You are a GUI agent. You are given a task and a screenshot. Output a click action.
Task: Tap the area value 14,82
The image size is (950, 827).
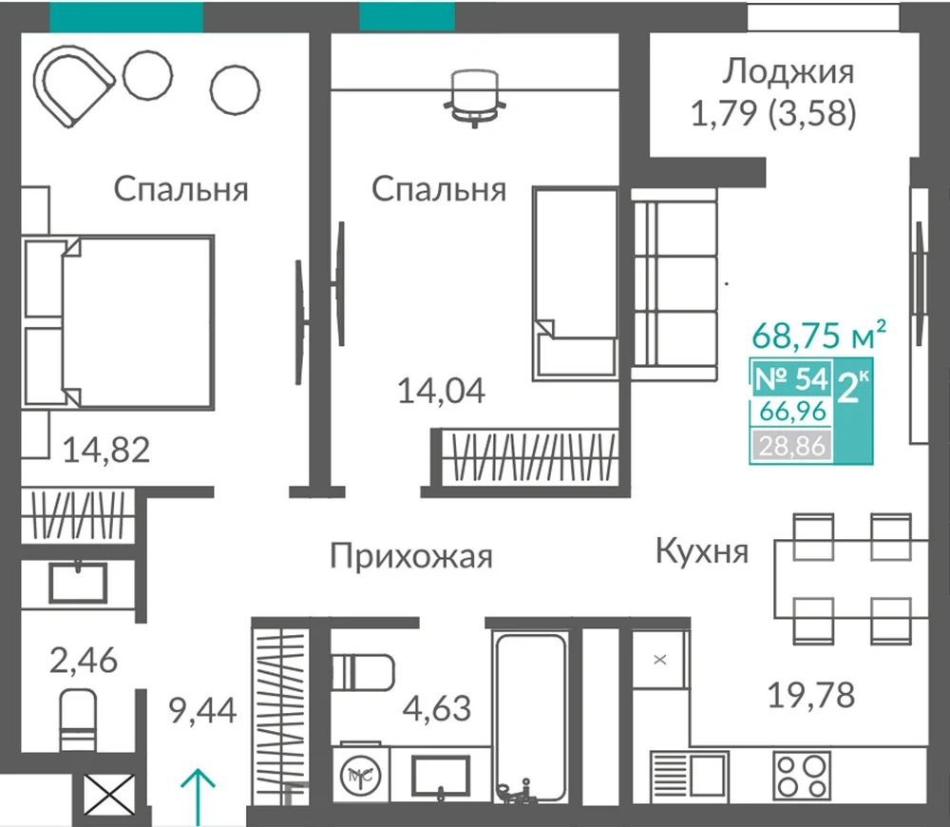pyautogui.click(x=106, y=450)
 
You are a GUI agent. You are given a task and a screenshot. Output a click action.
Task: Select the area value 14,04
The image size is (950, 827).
pyautogui.click(x=441, y=391)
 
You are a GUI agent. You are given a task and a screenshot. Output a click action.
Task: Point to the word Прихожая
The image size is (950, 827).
pyautogui.click(x=411, y=556)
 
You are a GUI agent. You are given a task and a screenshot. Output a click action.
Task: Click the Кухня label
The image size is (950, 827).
pyautogui.click(x=702, y=551)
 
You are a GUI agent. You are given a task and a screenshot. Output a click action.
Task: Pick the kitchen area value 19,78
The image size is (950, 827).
pyautogui.click(x=811, y=695)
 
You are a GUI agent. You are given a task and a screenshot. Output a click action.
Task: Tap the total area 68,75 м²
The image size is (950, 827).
pyautogui.click(x=819, y=335)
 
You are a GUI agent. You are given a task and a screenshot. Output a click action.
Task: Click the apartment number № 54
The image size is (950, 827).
pyautogui.click(x=791, y=379)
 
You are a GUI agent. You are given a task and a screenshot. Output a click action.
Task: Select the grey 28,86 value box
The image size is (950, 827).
pyautogui.click(x=792, y=446)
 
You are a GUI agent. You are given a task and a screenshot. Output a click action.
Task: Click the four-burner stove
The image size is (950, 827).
pyautogui.click(x=802, y=775)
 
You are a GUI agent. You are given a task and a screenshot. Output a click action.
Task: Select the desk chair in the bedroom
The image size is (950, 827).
pyautogui.click(x=475, y=97)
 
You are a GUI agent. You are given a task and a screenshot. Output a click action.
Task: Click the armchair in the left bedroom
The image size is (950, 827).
pyautogui.click(x=73, y=86)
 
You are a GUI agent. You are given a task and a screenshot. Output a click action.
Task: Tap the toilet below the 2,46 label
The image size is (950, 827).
pyautogui.click(x=78, y=721)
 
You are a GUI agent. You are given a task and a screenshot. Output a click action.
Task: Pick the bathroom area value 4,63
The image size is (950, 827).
pyautogui.click(x=436, y=708)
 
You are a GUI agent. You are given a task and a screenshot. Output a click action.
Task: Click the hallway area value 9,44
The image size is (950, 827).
pyautogui.click(x=203, y=711)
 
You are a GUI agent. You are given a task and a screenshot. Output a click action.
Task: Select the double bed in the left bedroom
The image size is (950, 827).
pyautogui.click(x=118, y=322)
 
